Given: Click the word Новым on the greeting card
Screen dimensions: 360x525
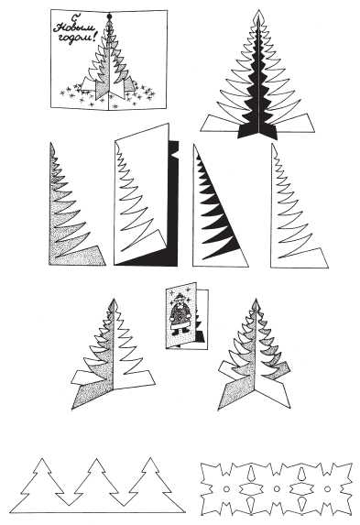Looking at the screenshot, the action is coord(74,28).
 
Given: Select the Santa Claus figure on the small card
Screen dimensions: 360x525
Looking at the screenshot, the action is coord(180,314).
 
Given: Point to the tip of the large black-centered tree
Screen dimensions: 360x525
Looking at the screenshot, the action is coord(258,10).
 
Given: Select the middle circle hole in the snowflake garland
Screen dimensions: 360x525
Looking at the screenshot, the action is coord(277,489).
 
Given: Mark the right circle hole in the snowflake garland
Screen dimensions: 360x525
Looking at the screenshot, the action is coord(327,489).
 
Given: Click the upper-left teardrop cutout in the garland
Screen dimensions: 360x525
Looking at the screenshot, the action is coord(251,472).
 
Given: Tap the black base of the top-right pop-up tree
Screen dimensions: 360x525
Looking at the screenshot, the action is coord(257,132).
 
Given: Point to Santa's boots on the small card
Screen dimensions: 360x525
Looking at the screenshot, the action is coord(180,333).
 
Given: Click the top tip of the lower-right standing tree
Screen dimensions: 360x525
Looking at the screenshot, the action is coord(256,300).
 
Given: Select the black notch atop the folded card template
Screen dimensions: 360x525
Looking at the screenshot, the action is coord(174,148).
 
